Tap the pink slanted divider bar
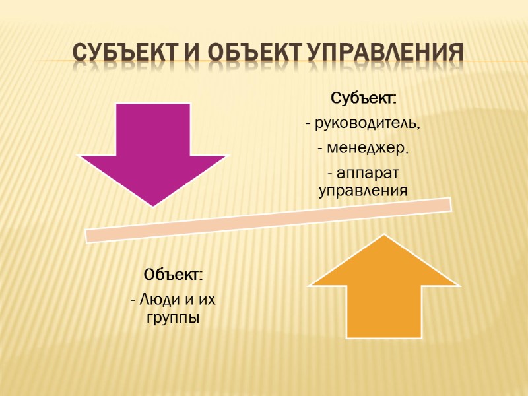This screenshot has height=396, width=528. click(x=269, y=219)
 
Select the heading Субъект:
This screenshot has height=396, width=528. click(x=363, y=99)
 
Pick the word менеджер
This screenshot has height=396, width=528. click(x=367, y=149)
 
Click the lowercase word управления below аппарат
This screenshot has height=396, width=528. click(x=363, y=191)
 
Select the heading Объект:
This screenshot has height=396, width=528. click(x=174, y=274)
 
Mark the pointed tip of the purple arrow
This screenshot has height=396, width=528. click(x=152, y=205)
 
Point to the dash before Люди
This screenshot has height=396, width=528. click(x=134, y=300)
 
